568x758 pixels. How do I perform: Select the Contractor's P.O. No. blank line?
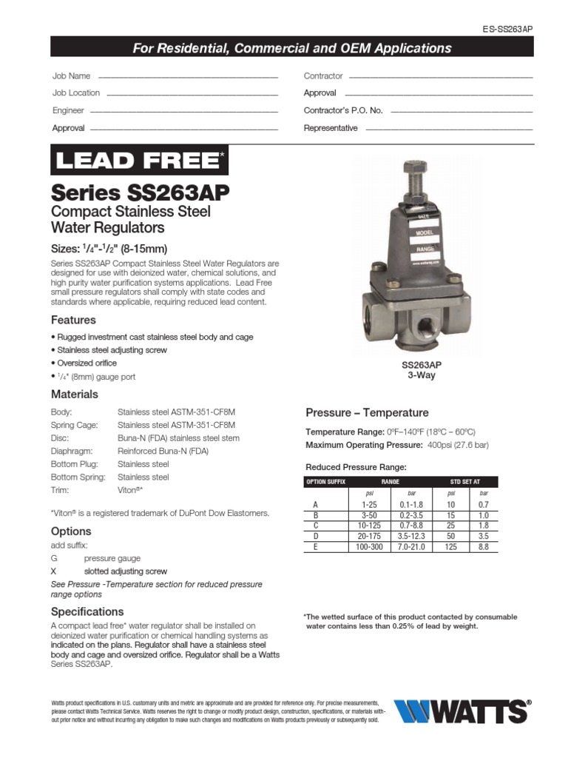461,111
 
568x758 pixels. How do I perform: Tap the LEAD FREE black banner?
139,159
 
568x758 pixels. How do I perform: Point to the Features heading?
73,320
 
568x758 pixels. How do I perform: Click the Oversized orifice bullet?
86,363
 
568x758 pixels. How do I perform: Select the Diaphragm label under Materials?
71,452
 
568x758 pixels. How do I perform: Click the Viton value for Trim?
130,491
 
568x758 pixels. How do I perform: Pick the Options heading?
71,531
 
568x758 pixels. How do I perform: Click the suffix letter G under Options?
53,558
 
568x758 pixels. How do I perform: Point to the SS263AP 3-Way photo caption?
422,370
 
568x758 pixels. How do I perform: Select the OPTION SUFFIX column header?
325,482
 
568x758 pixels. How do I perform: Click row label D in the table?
315,536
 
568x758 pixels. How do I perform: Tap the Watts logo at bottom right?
461,711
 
